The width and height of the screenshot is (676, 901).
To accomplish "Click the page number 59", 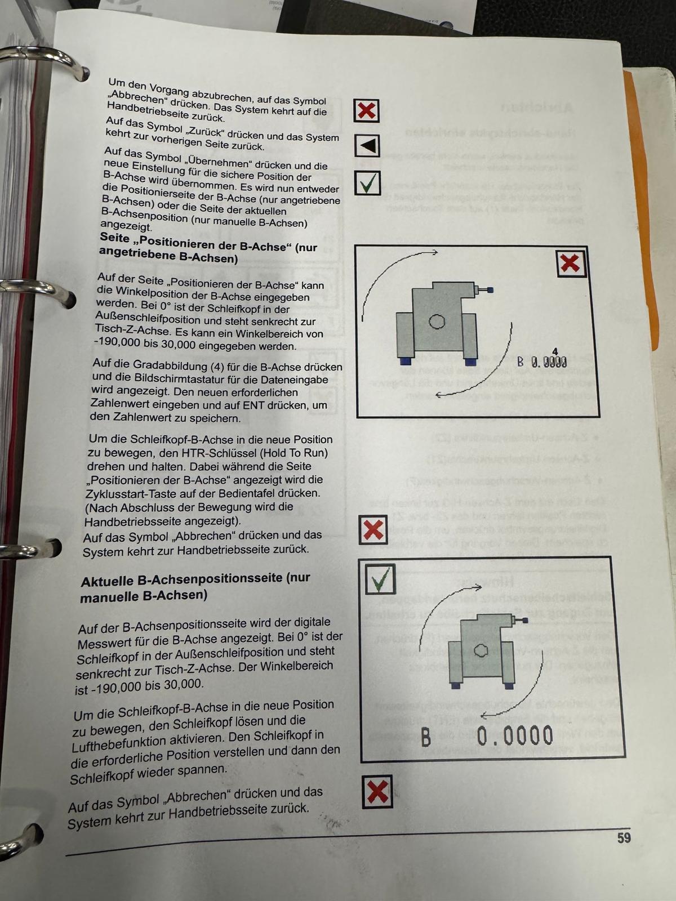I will pos(624,838).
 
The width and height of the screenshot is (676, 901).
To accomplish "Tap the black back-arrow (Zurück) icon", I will pos(367,146).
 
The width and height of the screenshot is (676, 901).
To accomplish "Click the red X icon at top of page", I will pos(367,110).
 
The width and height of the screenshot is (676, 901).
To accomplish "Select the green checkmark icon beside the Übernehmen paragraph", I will pos(368,183).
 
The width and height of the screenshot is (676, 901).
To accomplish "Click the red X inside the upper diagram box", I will pos(571,264).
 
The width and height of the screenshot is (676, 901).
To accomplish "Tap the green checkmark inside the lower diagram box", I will pos(380,579).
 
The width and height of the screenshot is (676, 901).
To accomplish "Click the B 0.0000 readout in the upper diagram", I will pos(542,362).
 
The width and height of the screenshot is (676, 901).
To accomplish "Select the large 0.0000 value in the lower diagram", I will pos(514,736).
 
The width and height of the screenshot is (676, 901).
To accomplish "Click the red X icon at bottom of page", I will pos(376,792).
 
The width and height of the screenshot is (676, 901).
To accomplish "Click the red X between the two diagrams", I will pos(373,530).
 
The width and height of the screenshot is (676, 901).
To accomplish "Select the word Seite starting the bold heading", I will pos(114,239).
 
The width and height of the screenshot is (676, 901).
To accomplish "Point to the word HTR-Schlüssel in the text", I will pos(198,453).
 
